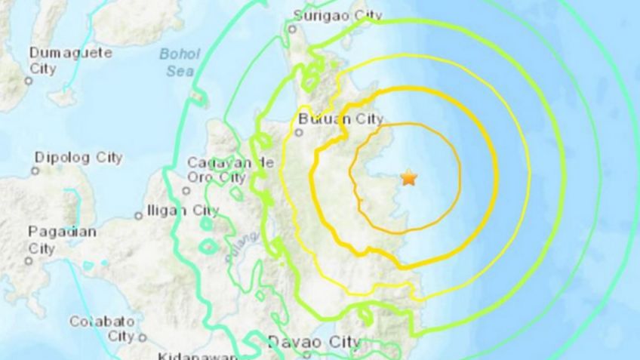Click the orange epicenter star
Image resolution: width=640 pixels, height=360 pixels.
(408, 178)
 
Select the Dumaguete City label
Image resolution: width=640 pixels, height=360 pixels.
(70, 60)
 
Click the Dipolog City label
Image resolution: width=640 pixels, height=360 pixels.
(78, 158)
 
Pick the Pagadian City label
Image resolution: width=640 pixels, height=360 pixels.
(62, 239)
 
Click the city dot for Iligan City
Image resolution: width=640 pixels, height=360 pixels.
(138, 215)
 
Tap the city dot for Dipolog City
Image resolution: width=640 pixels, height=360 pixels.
(35, 171)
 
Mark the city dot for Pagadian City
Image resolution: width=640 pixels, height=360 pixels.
(28, 261)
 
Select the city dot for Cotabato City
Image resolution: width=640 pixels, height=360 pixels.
(140, 337)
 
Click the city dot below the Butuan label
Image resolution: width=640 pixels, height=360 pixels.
(299, 134)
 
